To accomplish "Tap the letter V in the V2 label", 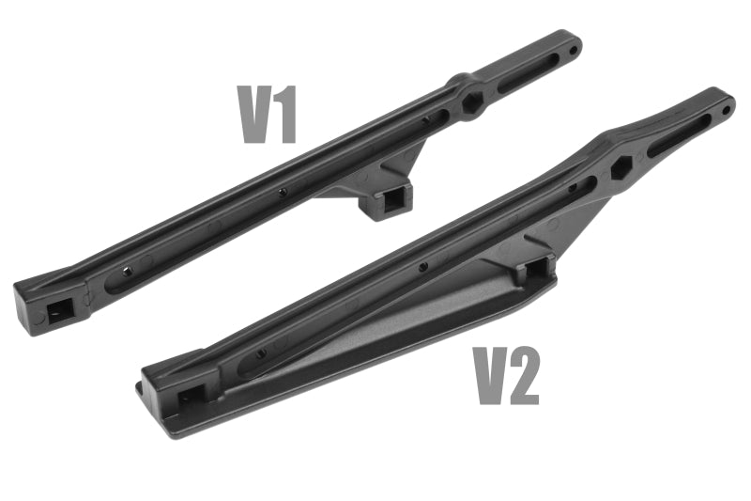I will (492, 376).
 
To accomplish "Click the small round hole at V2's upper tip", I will (727, 110).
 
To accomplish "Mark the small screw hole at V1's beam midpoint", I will (282, 192).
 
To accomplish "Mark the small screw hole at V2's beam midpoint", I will (422, 267).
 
